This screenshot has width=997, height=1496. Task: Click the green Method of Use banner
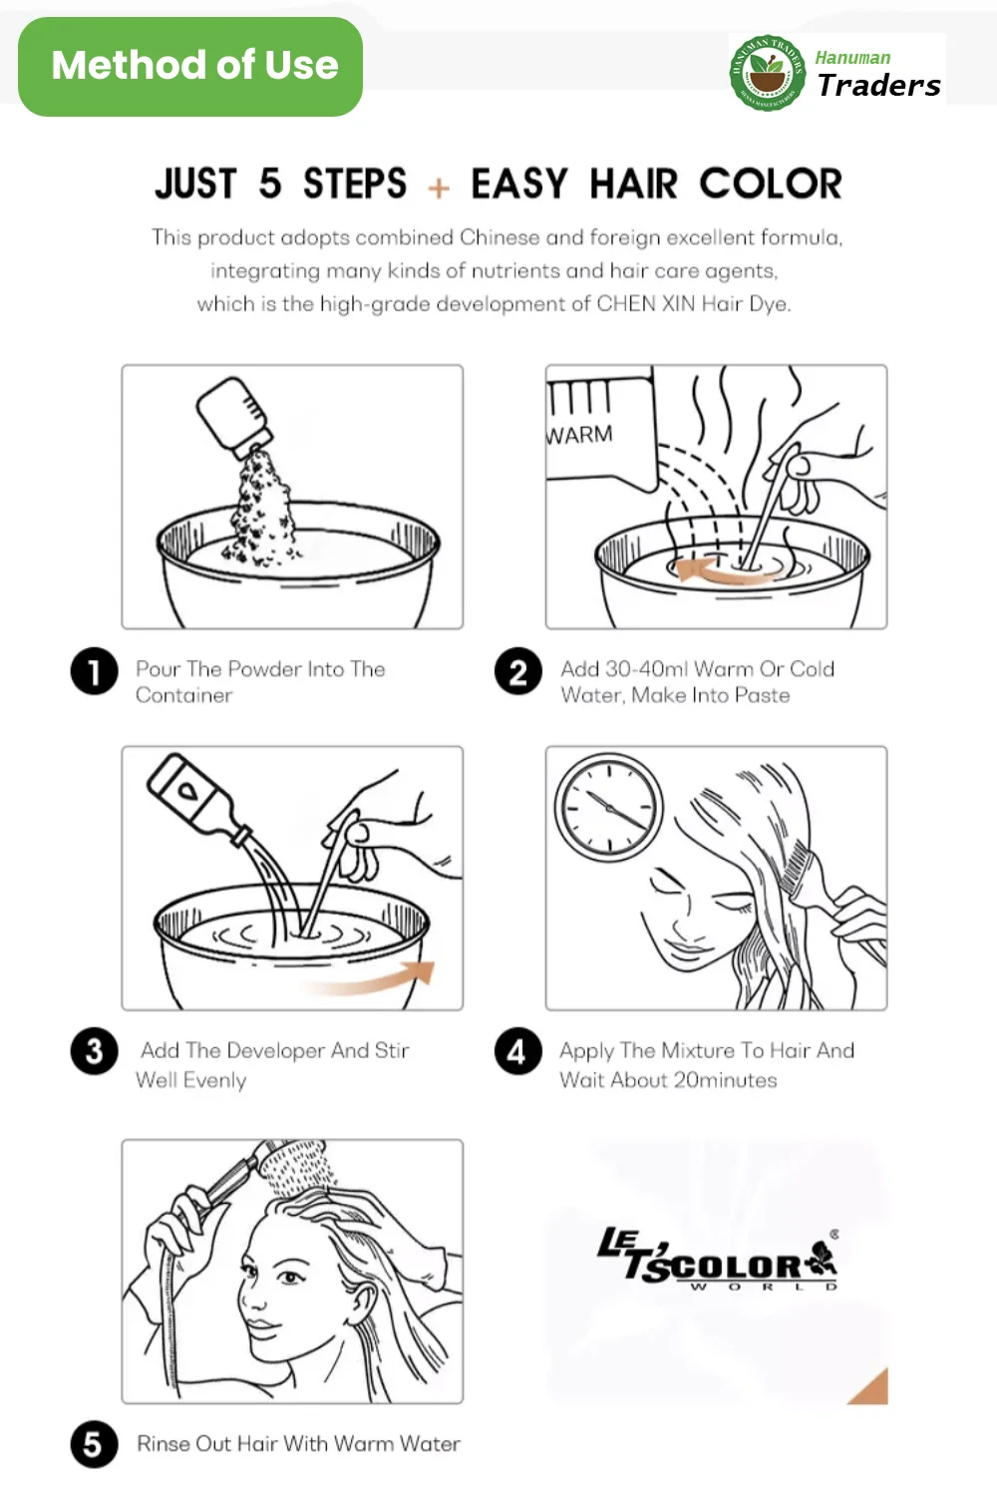(x=190, y=67)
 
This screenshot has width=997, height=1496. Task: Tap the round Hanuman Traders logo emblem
(x=767, y=73)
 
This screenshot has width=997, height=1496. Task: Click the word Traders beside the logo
(x=878, y=86)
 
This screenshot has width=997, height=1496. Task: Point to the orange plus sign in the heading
(x=439, y=187)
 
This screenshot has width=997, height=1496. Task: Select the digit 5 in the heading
(x=270, y=185)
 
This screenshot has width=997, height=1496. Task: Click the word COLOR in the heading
(x=770, y=185)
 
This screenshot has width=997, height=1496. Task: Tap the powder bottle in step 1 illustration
(x=233, y=417)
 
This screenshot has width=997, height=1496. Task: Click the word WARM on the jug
(x=580, y=435)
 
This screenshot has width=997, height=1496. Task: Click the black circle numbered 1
(x=95, y=671)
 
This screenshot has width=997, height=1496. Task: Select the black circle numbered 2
(x=518, y=671)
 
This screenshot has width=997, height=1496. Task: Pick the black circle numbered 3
(x=95, y=1051)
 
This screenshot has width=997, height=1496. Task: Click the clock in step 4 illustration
(x=609, y=807)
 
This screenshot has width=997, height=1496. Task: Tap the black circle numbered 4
(x=518, y=1051)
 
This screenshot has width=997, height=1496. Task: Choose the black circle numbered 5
(x=95, y=1444)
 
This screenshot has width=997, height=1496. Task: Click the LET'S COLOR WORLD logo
(x=718, y=1260)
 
